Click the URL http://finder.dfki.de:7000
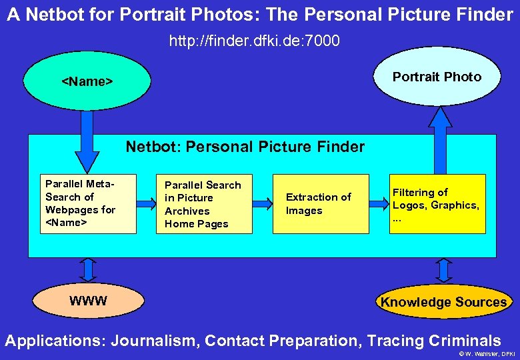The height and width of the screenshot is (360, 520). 254,41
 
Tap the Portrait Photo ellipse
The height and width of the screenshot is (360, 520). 437,77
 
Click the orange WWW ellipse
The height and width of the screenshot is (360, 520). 88,301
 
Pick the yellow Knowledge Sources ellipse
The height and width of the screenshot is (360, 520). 443,302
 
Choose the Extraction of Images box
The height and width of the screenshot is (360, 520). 320,204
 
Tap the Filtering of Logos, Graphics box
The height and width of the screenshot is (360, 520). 437,204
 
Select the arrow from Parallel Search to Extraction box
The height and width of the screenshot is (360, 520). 263,203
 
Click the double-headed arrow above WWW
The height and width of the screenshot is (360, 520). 87,270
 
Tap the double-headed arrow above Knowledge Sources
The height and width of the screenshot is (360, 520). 443,270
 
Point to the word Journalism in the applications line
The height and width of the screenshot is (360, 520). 154,341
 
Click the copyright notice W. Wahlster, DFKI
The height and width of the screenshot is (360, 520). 487,353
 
